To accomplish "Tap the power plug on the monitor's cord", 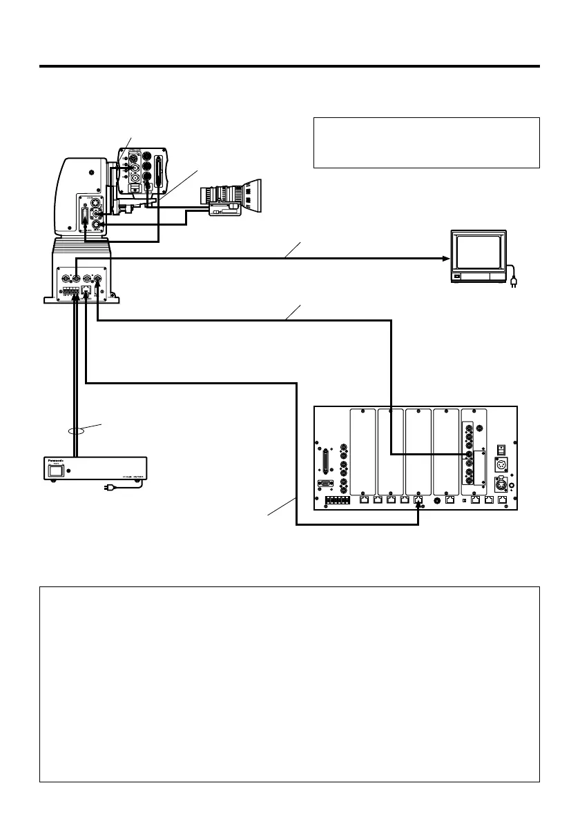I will pyautogui.click(x=513, y=281).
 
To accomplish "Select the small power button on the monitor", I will pyautogui.click(x=456, y=277).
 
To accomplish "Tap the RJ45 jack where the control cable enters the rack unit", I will pyautogui.click(x=418, y=501).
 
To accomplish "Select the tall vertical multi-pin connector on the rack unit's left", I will pyautogui.click(x=322, y=459).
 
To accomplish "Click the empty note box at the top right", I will pyautogui.click(x=426, y=142).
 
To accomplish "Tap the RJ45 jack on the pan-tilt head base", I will pyautogui.click(x=86, y=291).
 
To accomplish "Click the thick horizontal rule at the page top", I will pyautogui.click(x=289, y=66).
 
